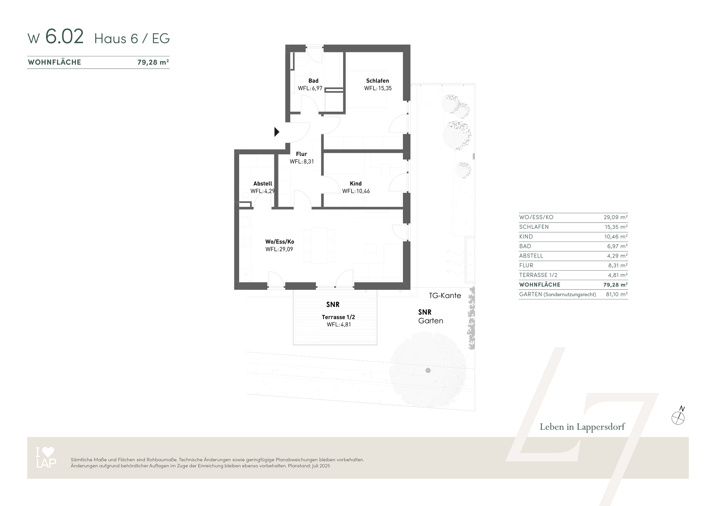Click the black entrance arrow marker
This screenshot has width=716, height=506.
[276, 132]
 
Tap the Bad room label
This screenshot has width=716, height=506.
[313, 81]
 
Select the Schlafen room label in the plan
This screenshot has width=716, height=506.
[377, 81]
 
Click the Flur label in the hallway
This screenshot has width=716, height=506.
[301, 154]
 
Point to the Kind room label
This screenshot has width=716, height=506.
[355, 184]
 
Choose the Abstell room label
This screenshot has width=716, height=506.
[262, 184]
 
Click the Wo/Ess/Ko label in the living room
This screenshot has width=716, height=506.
[279, 242]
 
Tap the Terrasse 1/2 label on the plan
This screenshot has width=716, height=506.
[338, 317]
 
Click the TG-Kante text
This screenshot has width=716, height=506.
[445, 296]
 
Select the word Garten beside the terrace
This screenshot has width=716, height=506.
[430, 321]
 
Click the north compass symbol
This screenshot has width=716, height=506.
[678, 417]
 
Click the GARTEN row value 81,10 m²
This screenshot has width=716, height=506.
[617, 294]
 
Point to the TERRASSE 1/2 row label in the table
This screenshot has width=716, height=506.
[538, 275]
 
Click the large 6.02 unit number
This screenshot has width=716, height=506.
[64, 37]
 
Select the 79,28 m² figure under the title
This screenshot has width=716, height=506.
[153, 62]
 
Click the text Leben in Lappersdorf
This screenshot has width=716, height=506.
[582, 427]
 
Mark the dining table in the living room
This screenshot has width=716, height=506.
[319, 245]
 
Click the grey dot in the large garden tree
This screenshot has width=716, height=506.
[428, 370]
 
